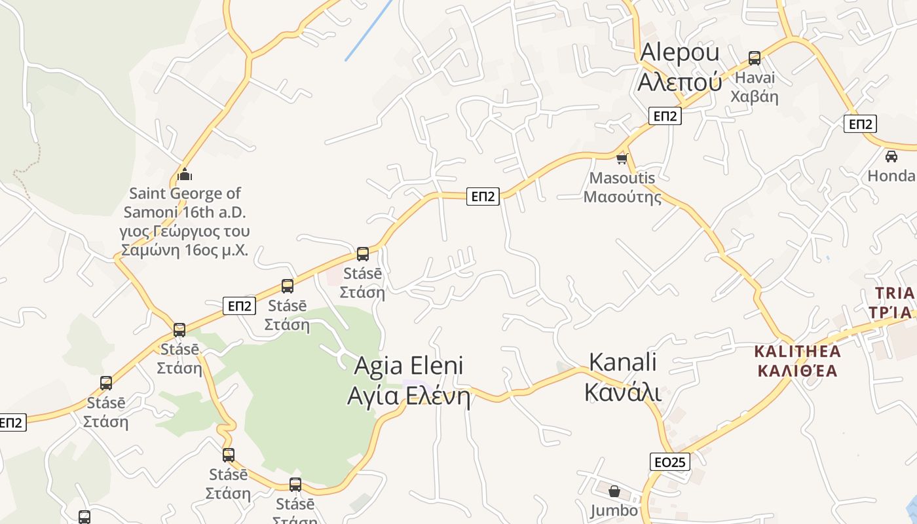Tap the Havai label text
coord(755,87)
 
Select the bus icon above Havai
coord(755,58)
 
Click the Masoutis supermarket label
coord(622,187)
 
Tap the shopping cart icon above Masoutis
coord(622,159)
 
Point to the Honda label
coord(891,176)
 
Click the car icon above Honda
coord(891,156)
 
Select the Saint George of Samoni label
coord(184,221)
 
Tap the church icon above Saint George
coord(185,174)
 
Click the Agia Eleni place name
coord(409,381)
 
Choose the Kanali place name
coord(622,376)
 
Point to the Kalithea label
coord(797,360)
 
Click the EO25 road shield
coord(670,462)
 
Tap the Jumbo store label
coord(614,510)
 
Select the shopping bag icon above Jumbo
coord(614,491)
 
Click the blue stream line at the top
coord(368,31)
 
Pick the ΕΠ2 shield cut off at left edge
coord(12,422)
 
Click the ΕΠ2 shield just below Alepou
coord(665,116)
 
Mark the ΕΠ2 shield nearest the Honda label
coord(859,124)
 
